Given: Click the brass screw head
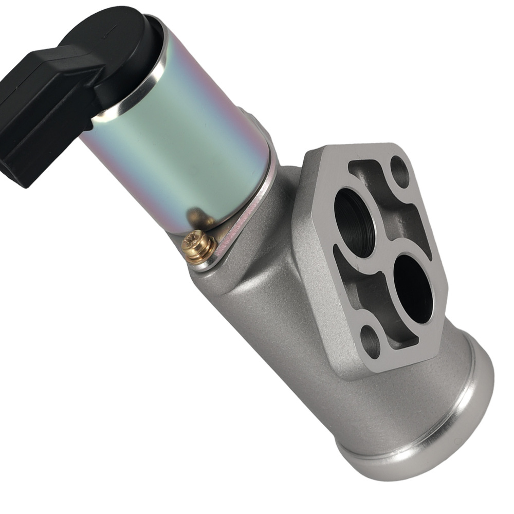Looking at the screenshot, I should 198,247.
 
